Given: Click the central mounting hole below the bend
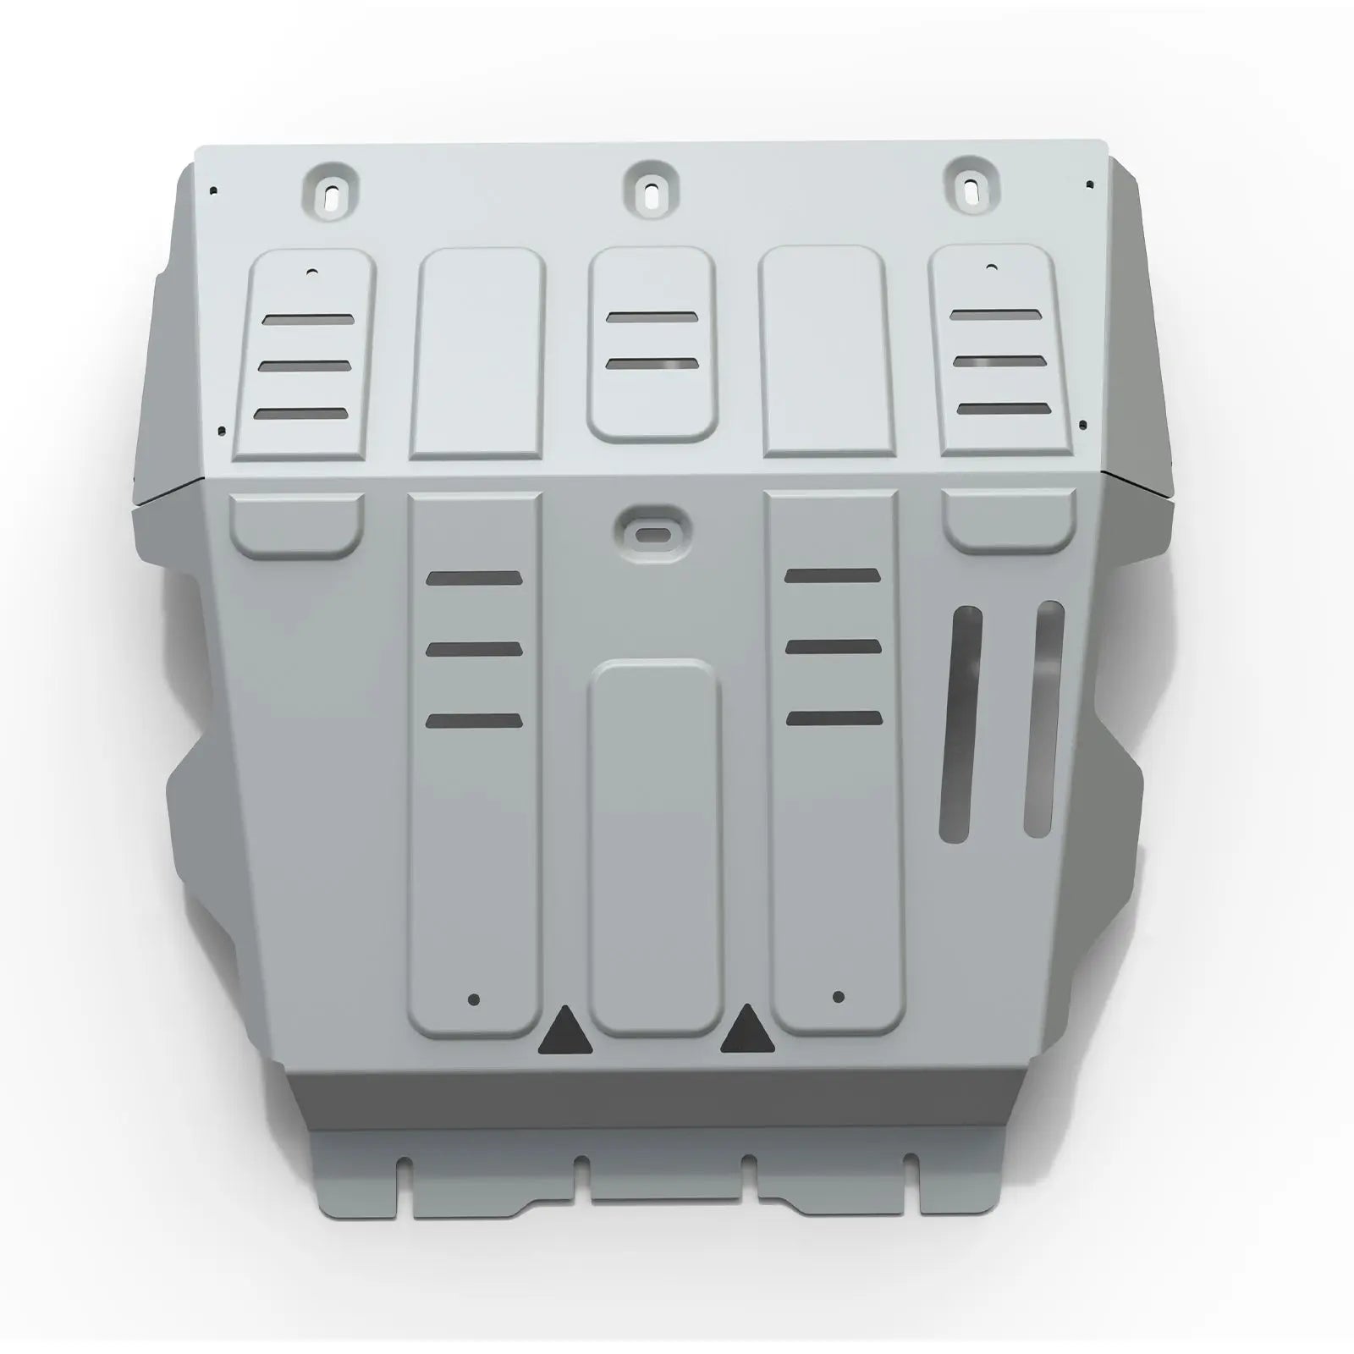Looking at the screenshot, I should click(x=652, y=534).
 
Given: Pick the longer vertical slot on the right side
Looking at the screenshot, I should click(x=961, y=724).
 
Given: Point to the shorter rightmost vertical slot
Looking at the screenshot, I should click(x=1045, y=719).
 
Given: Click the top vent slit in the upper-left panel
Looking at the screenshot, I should click(x=308, y=320).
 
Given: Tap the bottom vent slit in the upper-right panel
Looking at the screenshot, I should click(x=1003, y=408).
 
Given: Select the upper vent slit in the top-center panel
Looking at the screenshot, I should click(x=652, y=317).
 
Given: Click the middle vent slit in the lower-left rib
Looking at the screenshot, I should click(x=475, y=649).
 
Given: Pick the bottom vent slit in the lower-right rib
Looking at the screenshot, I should click(x=834, y=718).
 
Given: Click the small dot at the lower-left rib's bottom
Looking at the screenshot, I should click(x=473, y=999).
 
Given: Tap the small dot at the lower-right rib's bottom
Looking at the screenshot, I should click(x=838, y=997).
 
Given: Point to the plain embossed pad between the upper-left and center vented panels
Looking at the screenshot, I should click(x=477, y=353).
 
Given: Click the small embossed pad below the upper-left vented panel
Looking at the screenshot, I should click(x=297, y=525).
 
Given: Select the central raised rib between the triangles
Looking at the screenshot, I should click(x=654, y=846).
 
